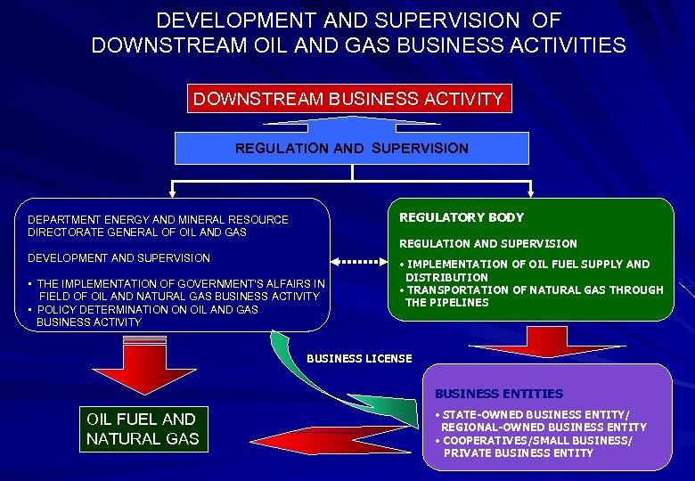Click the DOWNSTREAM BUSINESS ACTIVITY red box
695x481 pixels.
(349, 99)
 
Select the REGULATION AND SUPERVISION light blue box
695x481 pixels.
(351, 148)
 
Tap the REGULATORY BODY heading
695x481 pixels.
(462, 217)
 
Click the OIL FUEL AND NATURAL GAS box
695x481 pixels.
(143, 428)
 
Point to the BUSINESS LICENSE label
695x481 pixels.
(359, 358)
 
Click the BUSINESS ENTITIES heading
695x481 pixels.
(499, 393)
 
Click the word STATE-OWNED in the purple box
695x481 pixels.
(480, 415)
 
